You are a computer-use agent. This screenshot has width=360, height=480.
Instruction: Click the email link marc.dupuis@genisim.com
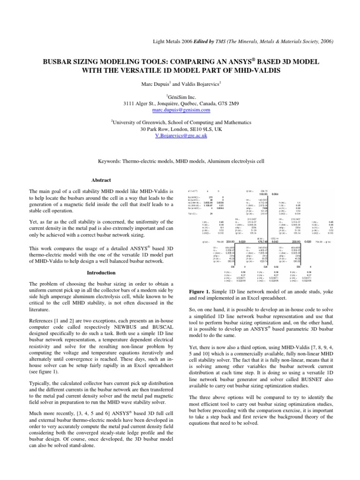180,110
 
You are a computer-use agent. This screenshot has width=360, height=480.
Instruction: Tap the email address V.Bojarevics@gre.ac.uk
180,136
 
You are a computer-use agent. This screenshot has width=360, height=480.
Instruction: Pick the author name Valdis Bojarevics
196,83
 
